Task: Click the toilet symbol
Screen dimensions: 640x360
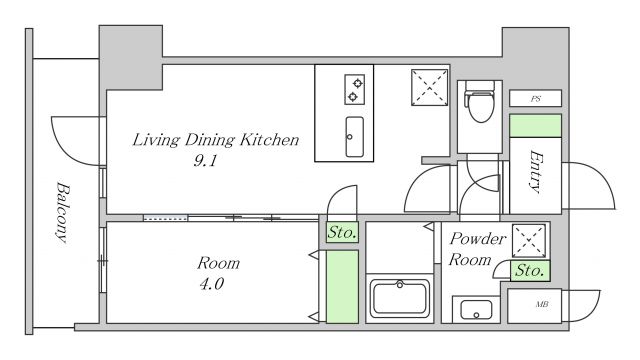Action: [x=480, y=102]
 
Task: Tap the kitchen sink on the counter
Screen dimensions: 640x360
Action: [x=354, y=137]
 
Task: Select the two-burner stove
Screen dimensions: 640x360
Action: [x=354, y=89]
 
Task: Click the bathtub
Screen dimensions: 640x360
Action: [x=400, y=298]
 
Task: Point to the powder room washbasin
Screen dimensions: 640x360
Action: [x=476, y=310]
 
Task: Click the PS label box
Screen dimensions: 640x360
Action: [x=536, y=98]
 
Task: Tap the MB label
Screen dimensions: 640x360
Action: [x=542, y=304]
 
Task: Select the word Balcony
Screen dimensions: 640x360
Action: [x=63, y=212]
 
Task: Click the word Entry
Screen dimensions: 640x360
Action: [x=536, y=171]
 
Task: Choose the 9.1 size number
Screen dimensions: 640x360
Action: [x=205, y=161]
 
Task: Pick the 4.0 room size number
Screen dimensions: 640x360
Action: [x=211, y=284]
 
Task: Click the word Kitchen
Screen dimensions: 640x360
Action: [x=269, y=140]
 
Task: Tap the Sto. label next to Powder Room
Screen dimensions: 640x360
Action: [x=529, y=270]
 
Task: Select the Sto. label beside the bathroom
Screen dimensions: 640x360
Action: [x=342, y=232]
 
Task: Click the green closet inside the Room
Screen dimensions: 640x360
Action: [x=342, y=287]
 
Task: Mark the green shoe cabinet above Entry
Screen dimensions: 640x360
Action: [x=536, y=126]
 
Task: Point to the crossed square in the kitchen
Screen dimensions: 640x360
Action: [x=429, y=87]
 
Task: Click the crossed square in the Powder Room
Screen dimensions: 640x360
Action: [x=529, y=241]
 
